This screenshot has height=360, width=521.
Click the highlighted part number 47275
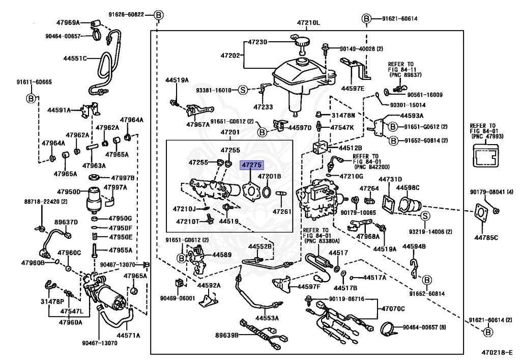[251, 165]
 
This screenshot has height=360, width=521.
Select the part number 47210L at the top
[308, 23]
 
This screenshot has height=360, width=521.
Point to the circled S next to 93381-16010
[243, 90]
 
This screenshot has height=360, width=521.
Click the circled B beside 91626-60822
[159, 15]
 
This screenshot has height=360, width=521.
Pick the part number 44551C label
[75, 59]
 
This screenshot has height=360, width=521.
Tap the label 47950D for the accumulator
[69, 192]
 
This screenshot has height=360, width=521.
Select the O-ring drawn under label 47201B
[267, 192]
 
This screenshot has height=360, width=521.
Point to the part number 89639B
[226, 335]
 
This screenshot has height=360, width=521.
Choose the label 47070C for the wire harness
[393, 309]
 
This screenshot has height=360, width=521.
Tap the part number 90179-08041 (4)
[491, 192]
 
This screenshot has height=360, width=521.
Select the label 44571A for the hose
[128, 336]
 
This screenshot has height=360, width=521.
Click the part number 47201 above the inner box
[230, 132]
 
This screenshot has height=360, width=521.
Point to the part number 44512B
[350, 148]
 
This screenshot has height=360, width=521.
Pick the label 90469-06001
[178, 298]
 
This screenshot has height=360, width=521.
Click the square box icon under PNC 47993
[485, 155]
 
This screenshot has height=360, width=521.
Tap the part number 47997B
[123, 178]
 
